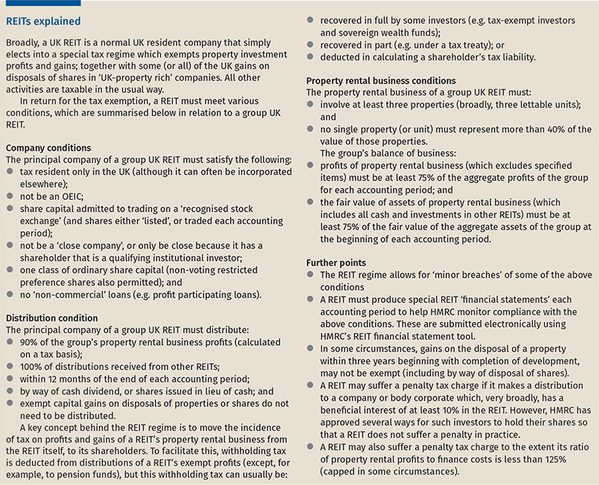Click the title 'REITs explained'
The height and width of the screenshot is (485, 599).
pyautogui.click(x=44, y=22)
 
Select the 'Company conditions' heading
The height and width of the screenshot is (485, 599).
pyautogui.click(x=48, y=147)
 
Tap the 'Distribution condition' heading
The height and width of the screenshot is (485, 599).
pyautogui.click(x=52, y=318)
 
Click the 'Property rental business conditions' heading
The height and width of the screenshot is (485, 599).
pyautogui.click(x=381, y=81)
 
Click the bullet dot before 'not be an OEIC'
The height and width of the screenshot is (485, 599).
pyautogui.click(x=10, y=196)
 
